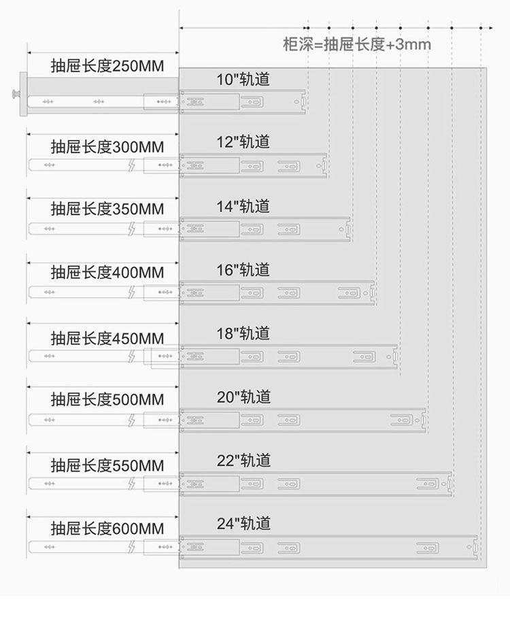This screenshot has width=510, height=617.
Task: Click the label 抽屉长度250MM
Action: (x=107, y=67)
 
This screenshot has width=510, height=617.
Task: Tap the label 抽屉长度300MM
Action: (x=107, y=147)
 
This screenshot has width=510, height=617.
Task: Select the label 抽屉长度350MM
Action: (x=107, y=209)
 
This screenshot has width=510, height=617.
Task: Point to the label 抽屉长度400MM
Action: (x=107, y=273)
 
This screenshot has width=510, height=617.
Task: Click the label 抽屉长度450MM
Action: (x=107, y=338)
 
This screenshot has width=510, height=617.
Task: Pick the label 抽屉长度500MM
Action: (x=107, y=399)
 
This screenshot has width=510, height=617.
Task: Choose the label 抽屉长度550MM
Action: (x=107, y=466)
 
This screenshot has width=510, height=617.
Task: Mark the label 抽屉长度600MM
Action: (x=107, y=529)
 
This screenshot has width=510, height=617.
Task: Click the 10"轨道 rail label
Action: (x=243, y=80)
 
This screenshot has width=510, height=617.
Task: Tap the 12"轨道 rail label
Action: (x=243, y=141)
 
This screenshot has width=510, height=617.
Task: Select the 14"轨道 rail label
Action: (x=243, y=206)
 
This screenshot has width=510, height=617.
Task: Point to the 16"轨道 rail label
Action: (x=243, y=270)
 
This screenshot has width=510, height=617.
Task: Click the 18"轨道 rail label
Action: (x=243, y=333)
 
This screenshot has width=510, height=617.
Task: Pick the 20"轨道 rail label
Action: (x=243, y=397)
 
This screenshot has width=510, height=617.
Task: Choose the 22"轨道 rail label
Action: (x=243, y=461)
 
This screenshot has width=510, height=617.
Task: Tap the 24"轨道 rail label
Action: (x=243, y=523)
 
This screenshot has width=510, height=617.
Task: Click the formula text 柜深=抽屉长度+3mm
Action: (x=357, y=45)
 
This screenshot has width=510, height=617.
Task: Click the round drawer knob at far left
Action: (x=14, y=95)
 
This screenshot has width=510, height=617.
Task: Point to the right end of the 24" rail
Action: (x=475, y=546)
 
